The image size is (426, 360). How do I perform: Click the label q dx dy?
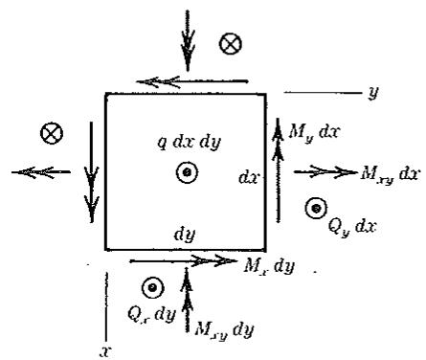[190, 142]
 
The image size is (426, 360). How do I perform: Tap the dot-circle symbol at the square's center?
[188, 172]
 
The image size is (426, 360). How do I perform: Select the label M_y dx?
[313, 132]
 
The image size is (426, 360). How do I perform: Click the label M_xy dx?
[389, 174]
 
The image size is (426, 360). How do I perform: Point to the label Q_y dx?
[352, 227]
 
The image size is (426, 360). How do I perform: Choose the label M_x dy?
[269, 265]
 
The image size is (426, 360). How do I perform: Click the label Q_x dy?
[151, 314]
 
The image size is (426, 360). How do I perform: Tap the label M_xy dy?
[224, 331]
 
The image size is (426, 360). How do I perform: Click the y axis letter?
[372, 93]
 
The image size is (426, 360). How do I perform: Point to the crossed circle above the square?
[231, 43]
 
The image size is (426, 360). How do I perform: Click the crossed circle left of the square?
[52, 133]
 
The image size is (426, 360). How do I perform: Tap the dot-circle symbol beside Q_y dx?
[316, 209]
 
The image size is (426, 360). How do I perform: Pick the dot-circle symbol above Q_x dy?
[153, 288]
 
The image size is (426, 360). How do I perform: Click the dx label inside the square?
[250, 177]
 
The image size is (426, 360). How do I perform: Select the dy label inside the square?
[185, 235]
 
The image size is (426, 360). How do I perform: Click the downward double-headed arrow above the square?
[188, 40]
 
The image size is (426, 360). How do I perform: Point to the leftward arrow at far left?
[41, 172]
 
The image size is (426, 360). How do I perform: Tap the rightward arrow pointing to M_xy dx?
[325, 172]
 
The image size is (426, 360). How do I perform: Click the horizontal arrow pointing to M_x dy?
[183, 261]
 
